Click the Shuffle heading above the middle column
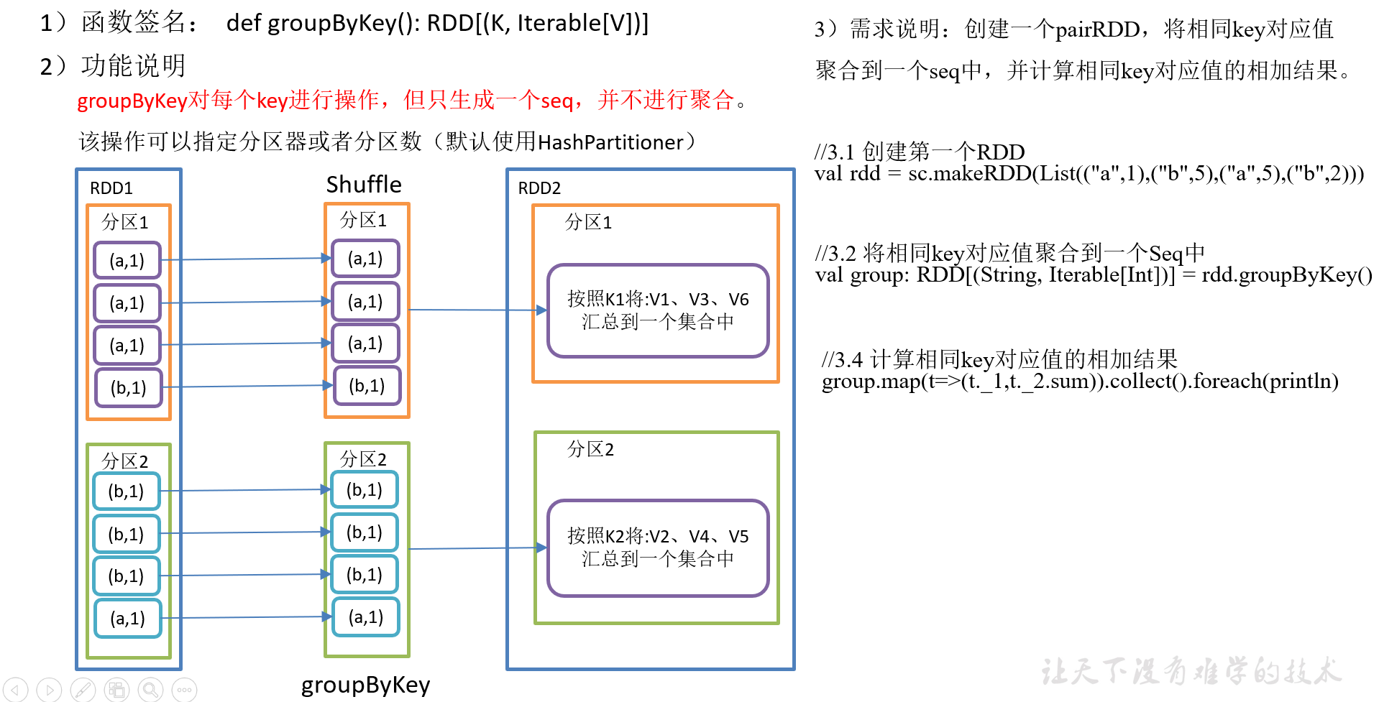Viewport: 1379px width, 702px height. point(364,185)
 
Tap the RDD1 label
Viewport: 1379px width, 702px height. point(111,188)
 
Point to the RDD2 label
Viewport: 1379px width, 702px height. point(539,188)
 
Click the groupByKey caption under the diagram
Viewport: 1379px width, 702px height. point(365,685)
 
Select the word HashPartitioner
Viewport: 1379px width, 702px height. point(610,142)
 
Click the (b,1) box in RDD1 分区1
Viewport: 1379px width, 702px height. point(129,388)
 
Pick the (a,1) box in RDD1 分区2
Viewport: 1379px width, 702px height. point(128,618)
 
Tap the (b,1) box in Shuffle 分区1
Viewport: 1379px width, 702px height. point(367,386)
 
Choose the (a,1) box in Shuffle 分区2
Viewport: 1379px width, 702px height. point(366,616)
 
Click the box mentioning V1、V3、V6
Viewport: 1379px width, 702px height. point(658,310)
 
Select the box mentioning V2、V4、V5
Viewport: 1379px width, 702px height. point(658,548)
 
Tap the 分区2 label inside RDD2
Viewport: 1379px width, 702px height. point(590,450)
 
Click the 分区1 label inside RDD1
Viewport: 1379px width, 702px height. point(125,222)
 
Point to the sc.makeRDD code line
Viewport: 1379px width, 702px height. point(1089,174)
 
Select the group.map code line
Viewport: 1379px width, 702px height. point(1080,381)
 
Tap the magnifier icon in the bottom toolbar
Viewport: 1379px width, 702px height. point(150,691)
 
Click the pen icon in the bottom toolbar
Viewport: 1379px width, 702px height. point(83,691)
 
